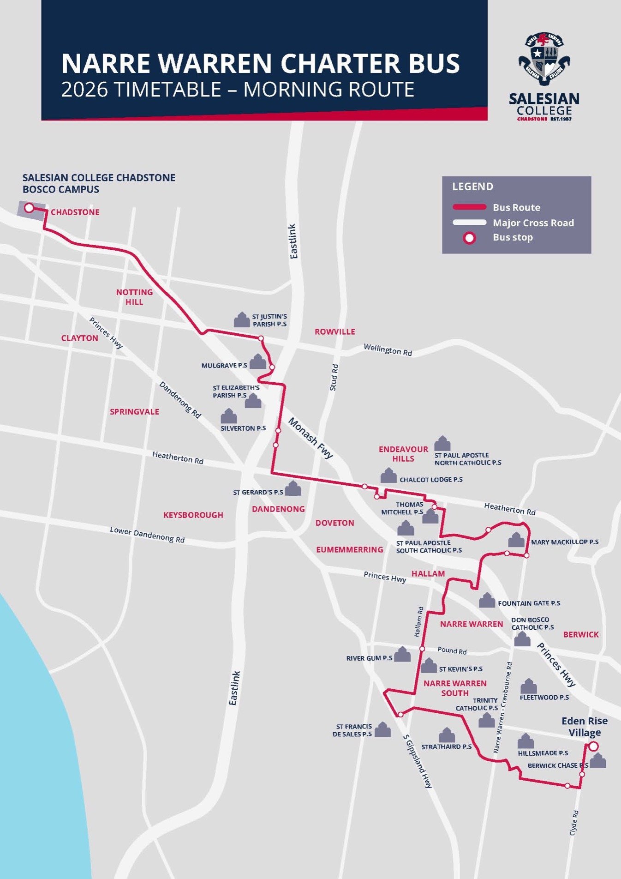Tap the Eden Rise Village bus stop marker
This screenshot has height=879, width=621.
pos(594,746)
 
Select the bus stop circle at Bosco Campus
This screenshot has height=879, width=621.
pos(29,208)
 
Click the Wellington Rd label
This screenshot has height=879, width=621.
pos(388,350)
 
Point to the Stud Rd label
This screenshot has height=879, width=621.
pos(334,378)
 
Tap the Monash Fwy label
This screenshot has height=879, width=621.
pos(310,438)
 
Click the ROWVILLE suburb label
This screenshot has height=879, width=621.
pos(335,331)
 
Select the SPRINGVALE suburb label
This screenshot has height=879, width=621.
pos(134,411)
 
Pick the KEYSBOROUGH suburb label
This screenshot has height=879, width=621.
pos(193,515)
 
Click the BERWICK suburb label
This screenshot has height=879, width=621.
pos(581,634)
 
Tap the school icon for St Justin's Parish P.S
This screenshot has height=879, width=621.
pos(242,319)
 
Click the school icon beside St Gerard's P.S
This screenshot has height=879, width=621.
pos(293,488)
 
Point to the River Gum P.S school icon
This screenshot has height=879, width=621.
pos(402,654)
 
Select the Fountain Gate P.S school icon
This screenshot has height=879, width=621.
pos(487,600)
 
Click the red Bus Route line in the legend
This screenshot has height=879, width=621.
pos(470,207)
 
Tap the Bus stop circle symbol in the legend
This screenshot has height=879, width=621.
pos(469,238)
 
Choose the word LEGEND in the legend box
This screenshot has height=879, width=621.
pos(473,187)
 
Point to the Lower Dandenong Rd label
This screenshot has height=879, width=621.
pos(147,535)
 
